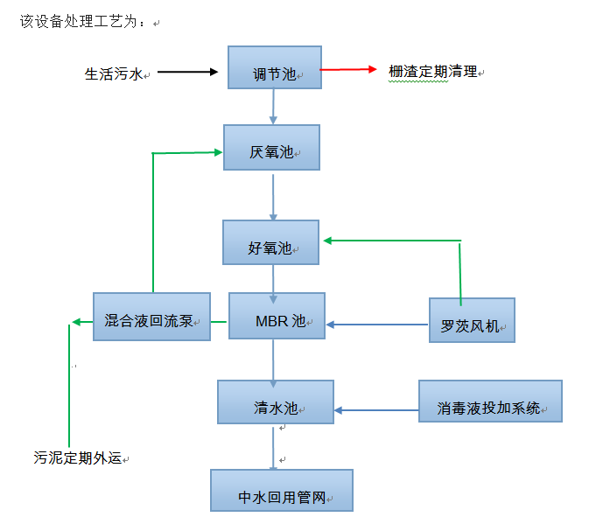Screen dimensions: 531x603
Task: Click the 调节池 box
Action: pyautogui.click(x=274, y=67)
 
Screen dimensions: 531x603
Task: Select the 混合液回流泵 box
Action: pyautogui.click(x=151, y=316)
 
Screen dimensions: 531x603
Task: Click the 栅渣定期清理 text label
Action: pyautogui.click(x=433, y=72)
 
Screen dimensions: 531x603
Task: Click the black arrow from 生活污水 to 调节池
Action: pyautogui.click(x=188, y=73)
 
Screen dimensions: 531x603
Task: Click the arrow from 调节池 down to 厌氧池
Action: pyautogui.click(x=274, y=106)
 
